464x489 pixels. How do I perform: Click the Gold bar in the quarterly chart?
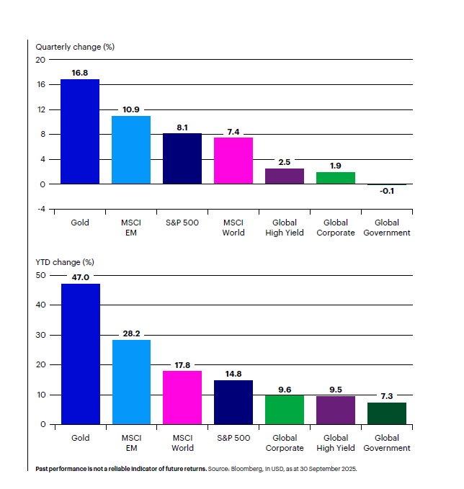tap(80, 131)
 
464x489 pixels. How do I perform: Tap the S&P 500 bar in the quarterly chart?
tap(182, 158)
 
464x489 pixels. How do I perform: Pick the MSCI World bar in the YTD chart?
tap(182, 398)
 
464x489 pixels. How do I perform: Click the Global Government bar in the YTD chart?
tap(387, 413)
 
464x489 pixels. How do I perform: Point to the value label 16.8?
tap(80, 72)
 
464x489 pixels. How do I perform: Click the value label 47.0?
tap(80, 277)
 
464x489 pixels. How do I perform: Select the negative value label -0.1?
tap(387, 192)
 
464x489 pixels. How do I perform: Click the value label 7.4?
tap(233, 131)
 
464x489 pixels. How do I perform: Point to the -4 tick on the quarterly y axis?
tap(42, 209)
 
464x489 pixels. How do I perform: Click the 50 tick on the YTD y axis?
tap(40, 275)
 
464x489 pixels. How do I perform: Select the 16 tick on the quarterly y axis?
tap(41, 85)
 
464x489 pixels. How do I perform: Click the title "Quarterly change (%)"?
tap(76, 47)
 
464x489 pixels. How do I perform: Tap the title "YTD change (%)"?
tap(66, 262)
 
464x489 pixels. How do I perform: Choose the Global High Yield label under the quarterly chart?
tap(285, 228)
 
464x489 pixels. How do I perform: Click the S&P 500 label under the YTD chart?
tap(233, 438)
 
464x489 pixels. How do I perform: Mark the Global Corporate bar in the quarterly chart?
tap(336, 178)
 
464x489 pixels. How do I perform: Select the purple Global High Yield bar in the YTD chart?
tap(336, 410)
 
